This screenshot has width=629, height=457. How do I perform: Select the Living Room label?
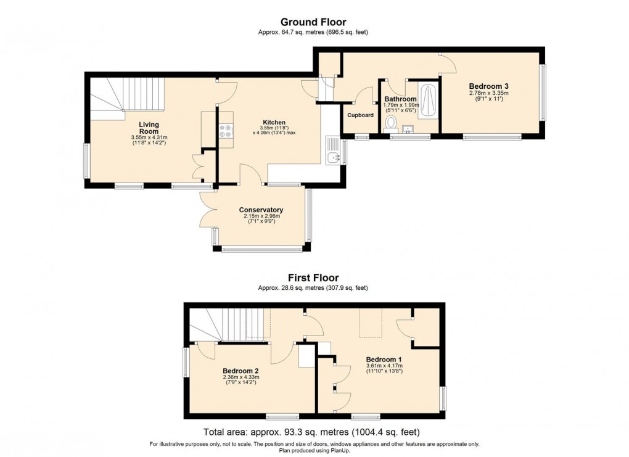(149, 128)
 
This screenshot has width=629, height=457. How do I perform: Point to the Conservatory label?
(261, 210)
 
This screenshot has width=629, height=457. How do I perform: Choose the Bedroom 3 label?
(488, 86)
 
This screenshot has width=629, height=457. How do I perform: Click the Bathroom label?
(400, 99)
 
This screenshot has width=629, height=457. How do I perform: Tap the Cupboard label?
(360, 115)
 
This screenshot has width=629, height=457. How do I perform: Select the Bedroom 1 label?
(384, 360)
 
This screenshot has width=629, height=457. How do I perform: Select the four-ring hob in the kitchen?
(226, 130)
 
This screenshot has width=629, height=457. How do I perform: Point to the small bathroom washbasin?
(408, 129)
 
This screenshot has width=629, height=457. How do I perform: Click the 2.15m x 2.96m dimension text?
(261, 216)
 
